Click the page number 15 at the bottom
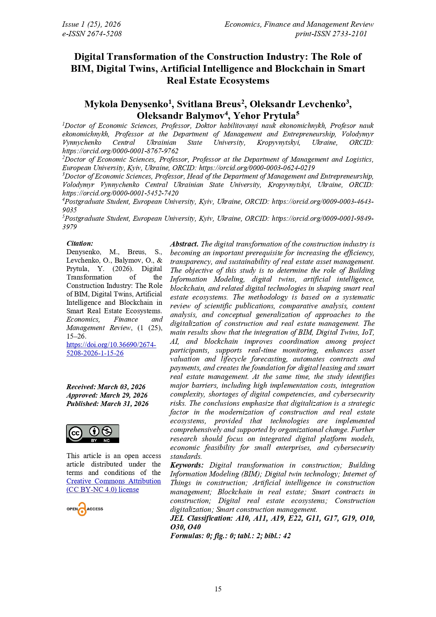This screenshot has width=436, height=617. coord(218,589)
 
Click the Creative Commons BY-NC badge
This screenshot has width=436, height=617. coord(93,433)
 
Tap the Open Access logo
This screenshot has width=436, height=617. coord(85,509)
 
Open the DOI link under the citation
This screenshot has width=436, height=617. coord(111,349)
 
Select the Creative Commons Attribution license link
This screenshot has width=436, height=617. coord(114,485)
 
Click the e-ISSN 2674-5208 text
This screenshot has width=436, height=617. coord(92,34)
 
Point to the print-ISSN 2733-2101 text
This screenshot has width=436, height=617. coord(331,34)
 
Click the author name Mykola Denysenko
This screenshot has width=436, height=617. coord(126,104)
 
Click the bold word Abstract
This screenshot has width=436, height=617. coord(184,244)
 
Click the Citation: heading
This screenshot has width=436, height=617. coord(80,243)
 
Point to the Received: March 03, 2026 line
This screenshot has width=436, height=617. coord(106,387)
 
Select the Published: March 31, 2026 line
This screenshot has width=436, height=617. coord(107,404)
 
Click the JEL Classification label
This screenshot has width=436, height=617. coord(201,518)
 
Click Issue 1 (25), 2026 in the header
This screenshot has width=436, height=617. coord(91,24)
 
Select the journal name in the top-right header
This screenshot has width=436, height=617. coord(299,24)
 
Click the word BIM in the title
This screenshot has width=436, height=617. coord(81,69)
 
